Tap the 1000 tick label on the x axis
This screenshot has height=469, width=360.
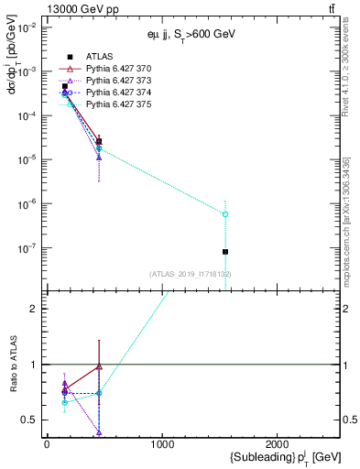[162, 444]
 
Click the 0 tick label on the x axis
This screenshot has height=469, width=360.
[47, 444]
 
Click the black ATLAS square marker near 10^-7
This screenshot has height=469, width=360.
[225, 252]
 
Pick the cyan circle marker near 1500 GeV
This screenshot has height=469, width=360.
[225, 214]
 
